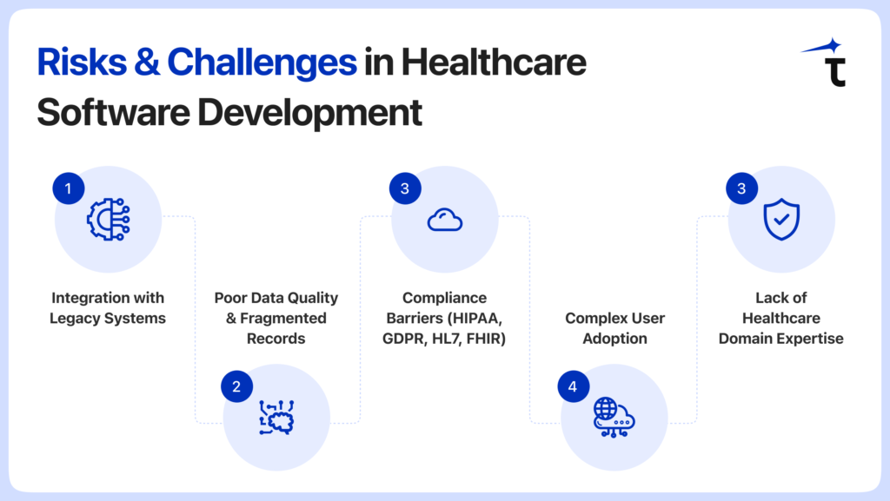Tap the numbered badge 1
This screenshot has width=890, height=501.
click(69, 188)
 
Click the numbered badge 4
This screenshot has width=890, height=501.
click(573, 386)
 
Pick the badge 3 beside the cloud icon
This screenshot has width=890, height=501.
click(405, 188)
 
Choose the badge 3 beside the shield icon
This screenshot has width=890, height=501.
click(741, 188)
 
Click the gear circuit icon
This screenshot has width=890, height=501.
click(109, 220)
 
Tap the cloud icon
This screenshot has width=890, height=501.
click(445, 221)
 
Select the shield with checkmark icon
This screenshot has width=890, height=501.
click(780, 220)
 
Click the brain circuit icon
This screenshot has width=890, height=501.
click(276, 418)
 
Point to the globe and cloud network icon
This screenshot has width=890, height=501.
click(614, 418)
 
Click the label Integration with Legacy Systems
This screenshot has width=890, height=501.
click(108, 308)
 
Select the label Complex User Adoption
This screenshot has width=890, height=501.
click(614, 328)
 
